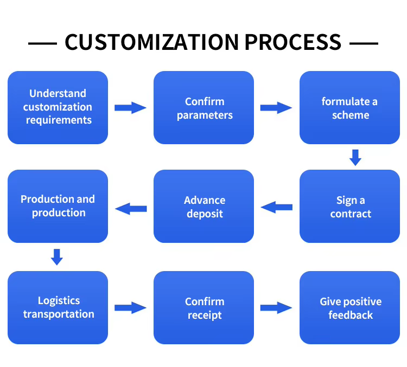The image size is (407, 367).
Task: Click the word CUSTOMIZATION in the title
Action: point(151,42)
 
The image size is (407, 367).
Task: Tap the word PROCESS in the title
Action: point(293,42)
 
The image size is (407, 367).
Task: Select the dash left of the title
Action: point(42,43)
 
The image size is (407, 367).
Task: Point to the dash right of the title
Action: point(364,43)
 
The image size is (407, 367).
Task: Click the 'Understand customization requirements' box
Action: point(58,107)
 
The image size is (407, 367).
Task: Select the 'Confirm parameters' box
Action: point(203,107)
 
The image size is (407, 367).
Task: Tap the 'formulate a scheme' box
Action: point(349,107)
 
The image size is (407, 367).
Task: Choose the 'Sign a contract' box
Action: point(349,206)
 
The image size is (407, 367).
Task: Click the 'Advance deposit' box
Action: point(203,206)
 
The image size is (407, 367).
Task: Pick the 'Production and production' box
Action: point(58,206)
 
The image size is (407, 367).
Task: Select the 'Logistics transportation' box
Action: point(58,307)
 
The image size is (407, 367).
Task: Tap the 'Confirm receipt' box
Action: point(203,307)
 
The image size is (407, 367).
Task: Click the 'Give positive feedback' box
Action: point(349,307)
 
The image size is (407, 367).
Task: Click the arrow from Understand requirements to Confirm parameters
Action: point(130,108)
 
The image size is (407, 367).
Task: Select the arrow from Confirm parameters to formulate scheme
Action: point(276,108)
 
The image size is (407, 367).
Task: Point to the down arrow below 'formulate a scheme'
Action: point(355,157)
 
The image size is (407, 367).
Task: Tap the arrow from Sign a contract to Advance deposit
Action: point(276,207)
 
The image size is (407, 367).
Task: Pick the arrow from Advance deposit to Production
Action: point(131,209)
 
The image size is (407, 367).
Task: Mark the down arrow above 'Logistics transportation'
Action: point(57,257)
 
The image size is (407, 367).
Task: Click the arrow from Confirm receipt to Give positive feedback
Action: point(276,308)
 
